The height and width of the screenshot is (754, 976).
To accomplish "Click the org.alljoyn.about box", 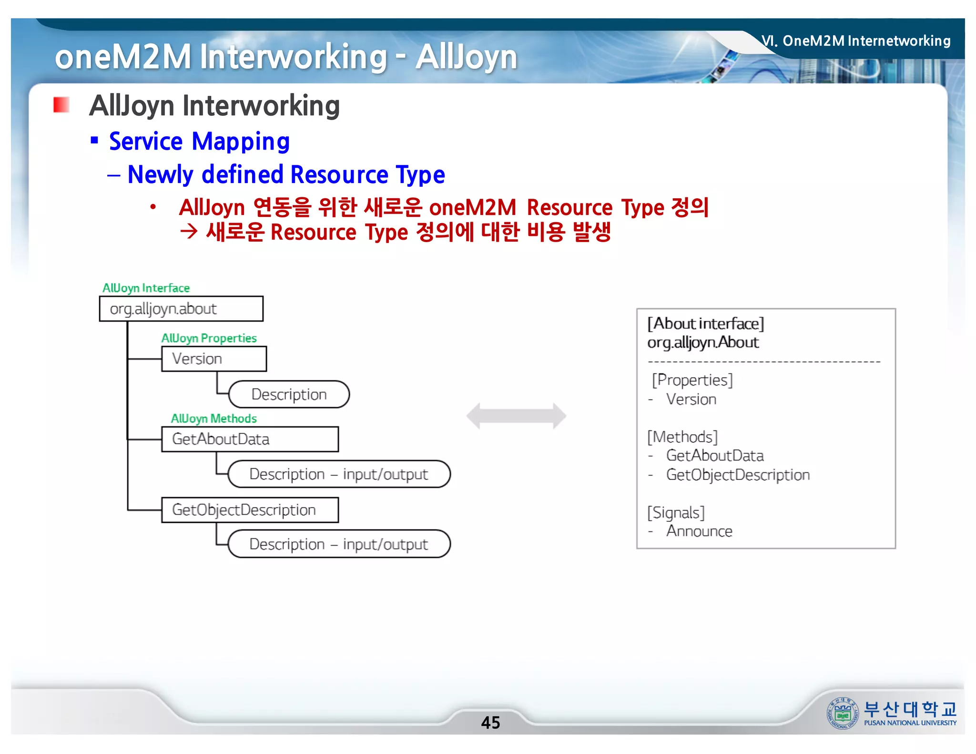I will [181, 309].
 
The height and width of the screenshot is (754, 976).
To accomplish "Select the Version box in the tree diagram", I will [213, 359].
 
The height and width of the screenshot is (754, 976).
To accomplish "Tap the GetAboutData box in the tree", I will [250, 439].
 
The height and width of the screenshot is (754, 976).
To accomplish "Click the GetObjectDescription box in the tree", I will [250, 510].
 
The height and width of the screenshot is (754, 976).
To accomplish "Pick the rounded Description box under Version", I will [289, 394].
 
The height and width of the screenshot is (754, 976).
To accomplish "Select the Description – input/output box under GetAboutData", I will [339, 474].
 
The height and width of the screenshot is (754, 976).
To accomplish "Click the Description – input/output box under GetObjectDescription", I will [339, 544].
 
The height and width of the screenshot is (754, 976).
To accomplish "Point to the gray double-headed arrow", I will [516, 416].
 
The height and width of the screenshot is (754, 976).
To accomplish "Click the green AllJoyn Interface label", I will [146, 288].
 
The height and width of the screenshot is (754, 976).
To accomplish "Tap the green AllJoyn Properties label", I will [209, 338].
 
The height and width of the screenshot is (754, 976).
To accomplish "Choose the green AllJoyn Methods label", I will [213, 418].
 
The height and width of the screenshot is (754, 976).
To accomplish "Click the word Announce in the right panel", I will [699, 531].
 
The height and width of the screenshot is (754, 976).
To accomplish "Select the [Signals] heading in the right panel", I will [676, 512].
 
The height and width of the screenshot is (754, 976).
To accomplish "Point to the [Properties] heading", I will [692, 380].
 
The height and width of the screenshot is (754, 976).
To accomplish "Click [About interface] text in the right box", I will [705, 324].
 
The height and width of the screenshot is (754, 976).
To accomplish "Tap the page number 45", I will [490, 723].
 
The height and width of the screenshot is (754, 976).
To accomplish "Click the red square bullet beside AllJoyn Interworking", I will [61, 105].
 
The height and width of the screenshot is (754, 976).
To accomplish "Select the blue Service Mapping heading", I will [199, 142].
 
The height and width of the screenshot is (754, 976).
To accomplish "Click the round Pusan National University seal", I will [842, 713].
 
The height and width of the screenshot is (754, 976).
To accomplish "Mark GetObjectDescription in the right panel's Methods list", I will [738, 475].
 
